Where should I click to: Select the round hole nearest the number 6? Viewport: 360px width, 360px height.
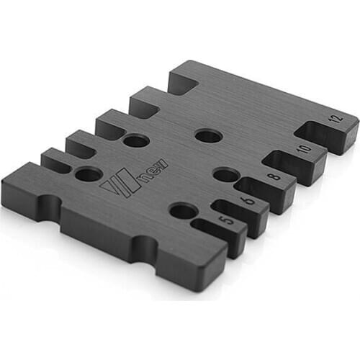225,175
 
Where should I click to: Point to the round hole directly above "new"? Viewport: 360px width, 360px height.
135,140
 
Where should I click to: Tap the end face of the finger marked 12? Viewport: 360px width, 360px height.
344,136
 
